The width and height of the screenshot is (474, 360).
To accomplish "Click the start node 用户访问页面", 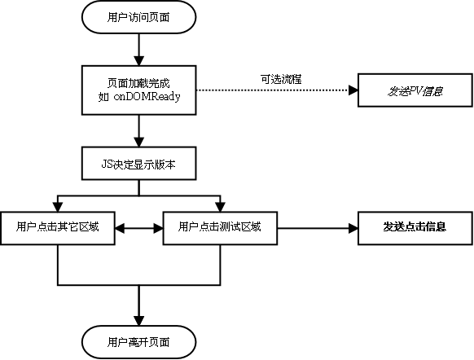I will (139, 16).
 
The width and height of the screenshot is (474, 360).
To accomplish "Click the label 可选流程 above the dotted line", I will (277, 79).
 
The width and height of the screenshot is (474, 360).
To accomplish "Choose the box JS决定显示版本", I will (139, 164).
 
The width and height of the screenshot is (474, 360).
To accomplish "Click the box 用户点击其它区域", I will (57, 227).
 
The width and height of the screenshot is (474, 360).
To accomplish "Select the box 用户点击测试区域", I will (220, 227).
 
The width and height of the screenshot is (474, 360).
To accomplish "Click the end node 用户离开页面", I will (139, 341).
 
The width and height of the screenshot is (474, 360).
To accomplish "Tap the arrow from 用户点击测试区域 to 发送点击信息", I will (318, 228).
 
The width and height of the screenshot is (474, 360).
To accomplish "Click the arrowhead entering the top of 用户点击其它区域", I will (57, 206).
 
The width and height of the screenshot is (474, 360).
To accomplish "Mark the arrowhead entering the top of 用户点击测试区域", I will (220, 206).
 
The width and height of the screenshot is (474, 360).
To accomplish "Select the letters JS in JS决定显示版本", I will (107, 164).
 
